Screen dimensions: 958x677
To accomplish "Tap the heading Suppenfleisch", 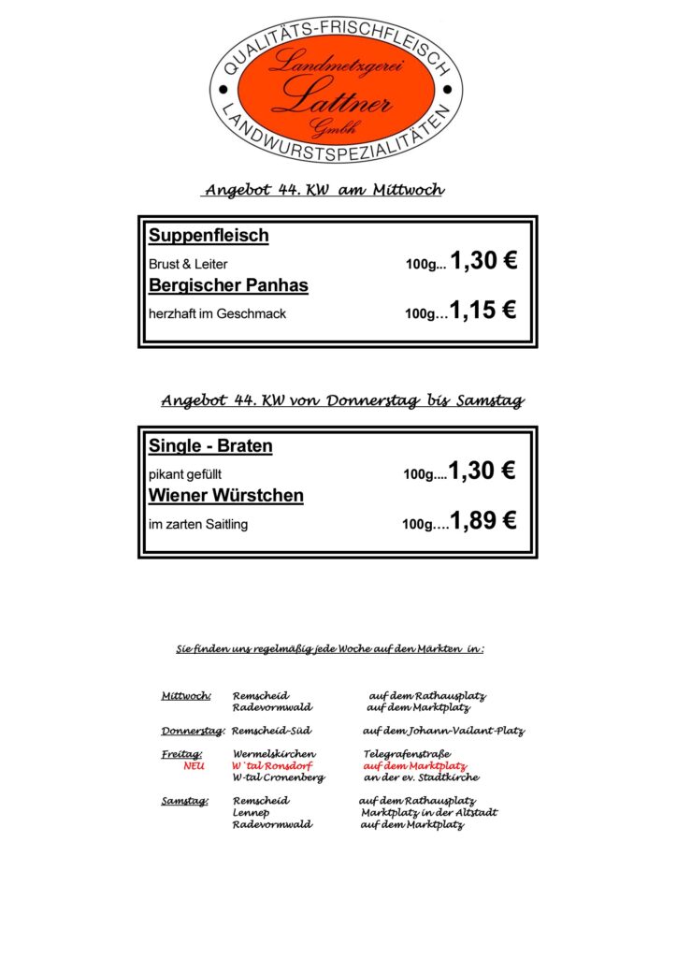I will (x=209, y=236).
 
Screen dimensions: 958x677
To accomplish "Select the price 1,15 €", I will (x=483, y=310).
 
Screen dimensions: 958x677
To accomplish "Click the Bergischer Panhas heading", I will (x=228, y=285).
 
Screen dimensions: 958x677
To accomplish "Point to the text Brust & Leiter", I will (x=188, y=264).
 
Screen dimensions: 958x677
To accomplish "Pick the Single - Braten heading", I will (x=210, y=446).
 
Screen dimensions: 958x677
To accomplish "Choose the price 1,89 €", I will (x=483, y=521).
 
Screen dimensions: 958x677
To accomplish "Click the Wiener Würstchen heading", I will (x=226, y=496).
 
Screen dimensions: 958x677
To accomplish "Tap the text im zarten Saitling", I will (x=198, y=524).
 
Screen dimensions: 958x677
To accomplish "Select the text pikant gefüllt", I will (x=185, y=474).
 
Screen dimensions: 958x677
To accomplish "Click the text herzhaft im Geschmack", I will (x=217, y=313).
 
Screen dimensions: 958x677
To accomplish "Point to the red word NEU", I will (x=194, y=765).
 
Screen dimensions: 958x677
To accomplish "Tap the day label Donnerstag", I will (x=193, y=731).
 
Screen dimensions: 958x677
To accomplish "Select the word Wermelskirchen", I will (x=274, y=753).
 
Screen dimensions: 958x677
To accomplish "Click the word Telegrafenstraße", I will (x=407, y=753).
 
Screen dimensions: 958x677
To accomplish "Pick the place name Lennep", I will (x=252, y=813).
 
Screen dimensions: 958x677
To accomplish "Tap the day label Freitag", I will (x=181, y=753).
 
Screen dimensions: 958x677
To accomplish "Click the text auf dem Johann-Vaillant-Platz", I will (x=443, y=731).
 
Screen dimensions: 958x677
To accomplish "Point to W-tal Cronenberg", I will (x=279, y=777).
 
